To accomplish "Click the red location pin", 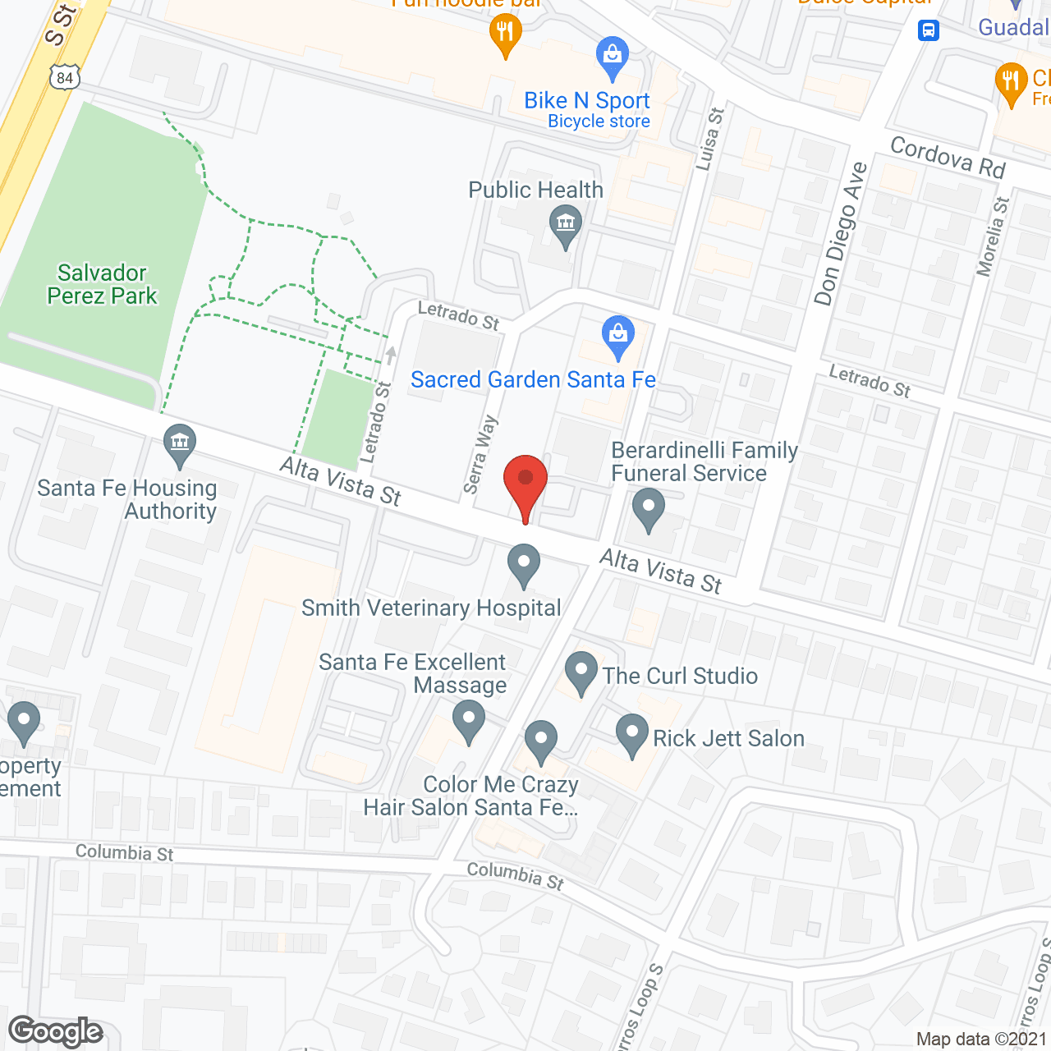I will [x=525, y=481].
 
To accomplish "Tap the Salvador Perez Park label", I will [x=102, y=284].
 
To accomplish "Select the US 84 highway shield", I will [x=65, y=78].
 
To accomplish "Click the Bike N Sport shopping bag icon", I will [x=612, y=56].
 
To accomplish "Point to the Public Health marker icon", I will [x=565, y=224].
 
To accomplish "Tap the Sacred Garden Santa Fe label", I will [x=533, y=379].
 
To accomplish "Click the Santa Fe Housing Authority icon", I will [x=179, y=443].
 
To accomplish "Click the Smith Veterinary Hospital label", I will [x=431, y=608].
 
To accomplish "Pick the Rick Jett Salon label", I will [x=728, y=738].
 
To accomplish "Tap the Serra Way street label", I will [x=480, y=454].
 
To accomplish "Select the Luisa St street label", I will [x=709, y=139].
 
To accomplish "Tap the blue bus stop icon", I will [x=928, y=30].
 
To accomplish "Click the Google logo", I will [x=56, y=1031].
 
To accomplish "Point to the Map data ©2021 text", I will [x=982, y=1039].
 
